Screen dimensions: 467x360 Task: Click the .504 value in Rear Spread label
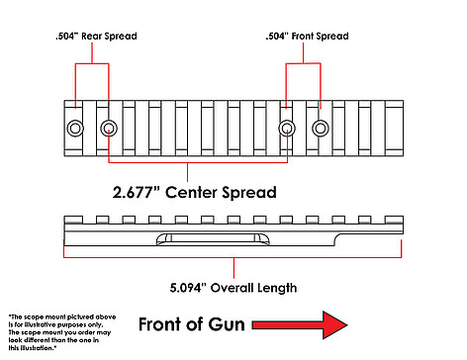66,36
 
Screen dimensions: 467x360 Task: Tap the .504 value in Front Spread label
277,36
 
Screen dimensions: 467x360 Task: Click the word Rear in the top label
91,36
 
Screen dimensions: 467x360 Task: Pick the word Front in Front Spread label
304,36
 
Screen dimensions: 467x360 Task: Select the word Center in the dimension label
191,193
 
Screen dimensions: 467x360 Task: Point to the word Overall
233,288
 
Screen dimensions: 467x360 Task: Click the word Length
277,289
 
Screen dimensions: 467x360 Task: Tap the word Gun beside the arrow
227,324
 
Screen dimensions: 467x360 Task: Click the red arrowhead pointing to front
334,325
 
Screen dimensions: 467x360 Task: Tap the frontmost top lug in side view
394,220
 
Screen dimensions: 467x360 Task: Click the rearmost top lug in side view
73,220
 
